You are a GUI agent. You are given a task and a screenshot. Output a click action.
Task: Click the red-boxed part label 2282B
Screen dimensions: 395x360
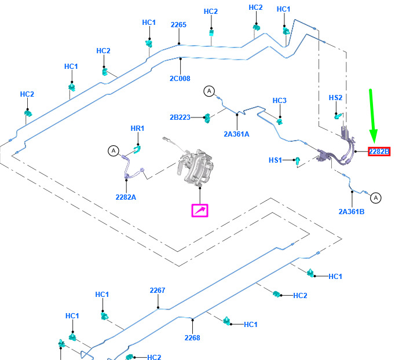coord(379,152)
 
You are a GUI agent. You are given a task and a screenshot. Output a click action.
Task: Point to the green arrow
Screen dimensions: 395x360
coord(372,116)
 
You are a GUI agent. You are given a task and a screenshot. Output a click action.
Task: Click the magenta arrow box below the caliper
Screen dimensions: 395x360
coord(200,211)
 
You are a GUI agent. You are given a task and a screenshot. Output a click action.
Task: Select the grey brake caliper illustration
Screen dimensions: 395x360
coord(195,166)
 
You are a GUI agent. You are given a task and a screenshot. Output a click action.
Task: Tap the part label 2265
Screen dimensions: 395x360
coord(178,25)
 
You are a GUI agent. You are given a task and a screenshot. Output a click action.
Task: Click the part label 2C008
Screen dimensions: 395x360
coord(180,79)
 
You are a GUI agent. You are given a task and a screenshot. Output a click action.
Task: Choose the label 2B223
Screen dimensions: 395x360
coord(180,117)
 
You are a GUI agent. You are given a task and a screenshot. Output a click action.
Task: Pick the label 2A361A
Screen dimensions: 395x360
coord(236,134)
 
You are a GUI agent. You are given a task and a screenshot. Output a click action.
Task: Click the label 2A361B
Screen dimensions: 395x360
coord(352,212)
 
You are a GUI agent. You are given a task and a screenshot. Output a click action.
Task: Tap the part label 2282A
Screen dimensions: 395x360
coord(126,197)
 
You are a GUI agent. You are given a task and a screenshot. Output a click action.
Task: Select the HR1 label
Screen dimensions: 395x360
coord(137,128)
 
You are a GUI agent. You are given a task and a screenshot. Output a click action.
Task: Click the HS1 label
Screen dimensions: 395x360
coord(275,160)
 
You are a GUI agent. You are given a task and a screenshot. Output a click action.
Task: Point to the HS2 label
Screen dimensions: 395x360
coord(335,97)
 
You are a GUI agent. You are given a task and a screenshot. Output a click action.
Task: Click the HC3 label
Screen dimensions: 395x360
coord(279,101)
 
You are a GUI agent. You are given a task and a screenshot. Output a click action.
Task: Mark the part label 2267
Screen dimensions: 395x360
coord(158,291)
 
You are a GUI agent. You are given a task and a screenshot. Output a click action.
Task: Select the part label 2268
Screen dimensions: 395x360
coord(192,338)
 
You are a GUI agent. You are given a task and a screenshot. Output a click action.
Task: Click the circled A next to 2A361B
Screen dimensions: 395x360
coord(376,198)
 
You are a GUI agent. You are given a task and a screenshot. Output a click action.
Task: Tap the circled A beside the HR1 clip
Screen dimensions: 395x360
coord(114,151)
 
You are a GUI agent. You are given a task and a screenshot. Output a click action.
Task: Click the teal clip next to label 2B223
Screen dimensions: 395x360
coord(207,118)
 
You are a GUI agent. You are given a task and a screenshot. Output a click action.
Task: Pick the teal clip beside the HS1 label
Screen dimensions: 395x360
coord(298,161)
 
